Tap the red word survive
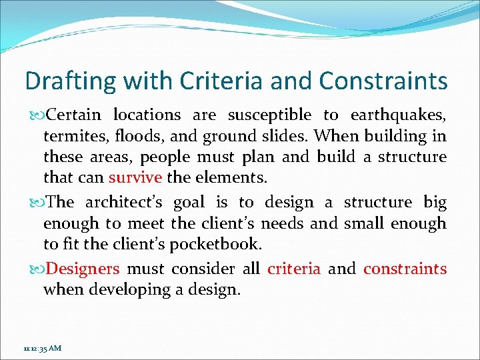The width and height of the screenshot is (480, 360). point(135,178)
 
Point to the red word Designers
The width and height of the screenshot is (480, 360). point(84,269)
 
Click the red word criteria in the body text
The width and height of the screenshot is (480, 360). point(293,269)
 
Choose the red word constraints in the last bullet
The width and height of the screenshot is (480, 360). point(405,269)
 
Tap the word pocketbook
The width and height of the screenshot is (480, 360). point(215,244)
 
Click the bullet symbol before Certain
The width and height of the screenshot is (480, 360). point(36,115)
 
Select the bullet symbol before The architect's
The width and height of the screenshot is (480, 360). point(36,203)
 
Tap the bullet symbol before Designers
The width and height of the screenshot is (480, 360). point(36,269)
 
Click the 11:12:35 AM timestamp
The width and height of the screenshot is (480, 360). point(41,348)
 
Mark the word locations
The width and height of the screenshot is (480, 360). point(147,115)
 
